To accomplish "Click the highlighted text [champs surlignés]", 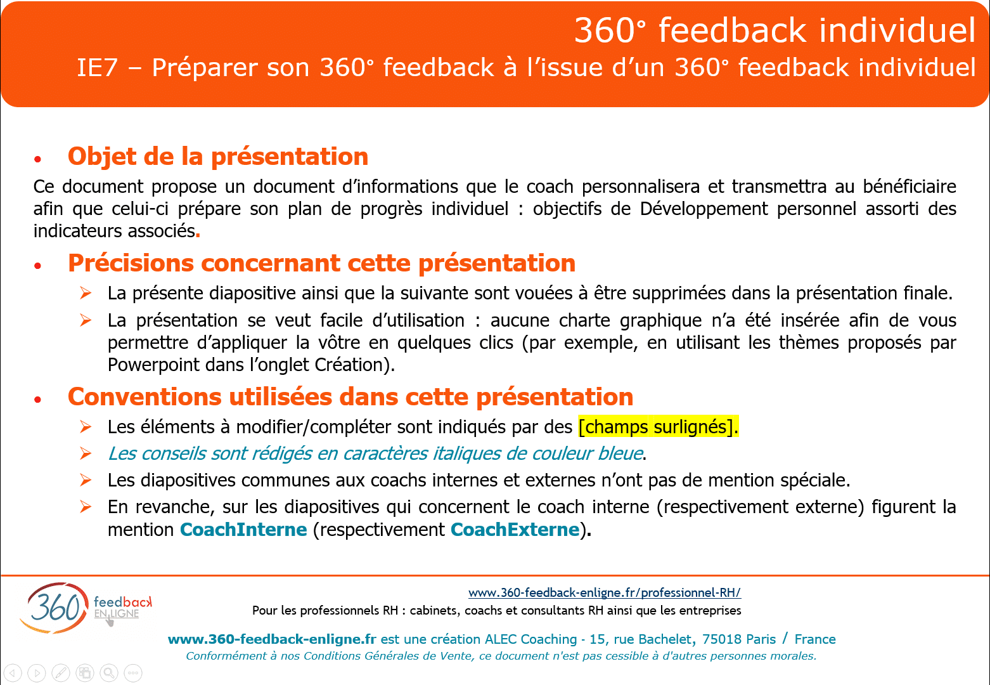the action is pos(658,427).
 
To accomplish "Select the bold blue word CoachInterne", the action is pos(243,530).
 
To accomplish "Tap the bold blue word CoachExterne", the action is pos(515,530).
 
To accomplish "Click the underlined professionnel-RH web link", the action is pos(605,592).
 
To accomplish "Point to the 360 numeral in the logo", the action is pos(55,608).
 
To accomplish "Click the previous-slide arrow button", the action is pos(13,673).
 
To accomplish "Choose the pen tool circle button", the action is pos(61,673).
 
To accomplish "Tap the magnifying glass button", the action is pos(109,673).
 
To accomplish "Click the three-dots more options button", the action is pos(133,673).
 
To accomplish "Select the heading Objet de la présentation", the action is pos(218,157).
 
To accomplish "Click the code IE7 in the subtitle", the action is pos(98,68).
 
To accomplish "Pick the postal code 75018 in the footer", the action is pos(723,639).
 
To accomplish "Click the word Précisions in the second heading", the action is pos(131,263).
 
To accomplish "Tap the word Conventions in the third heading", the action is pos(145,396).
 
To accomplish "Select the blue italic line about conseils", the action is pos(375,453).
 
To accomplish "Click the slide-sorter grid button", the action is pos(84,673).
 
